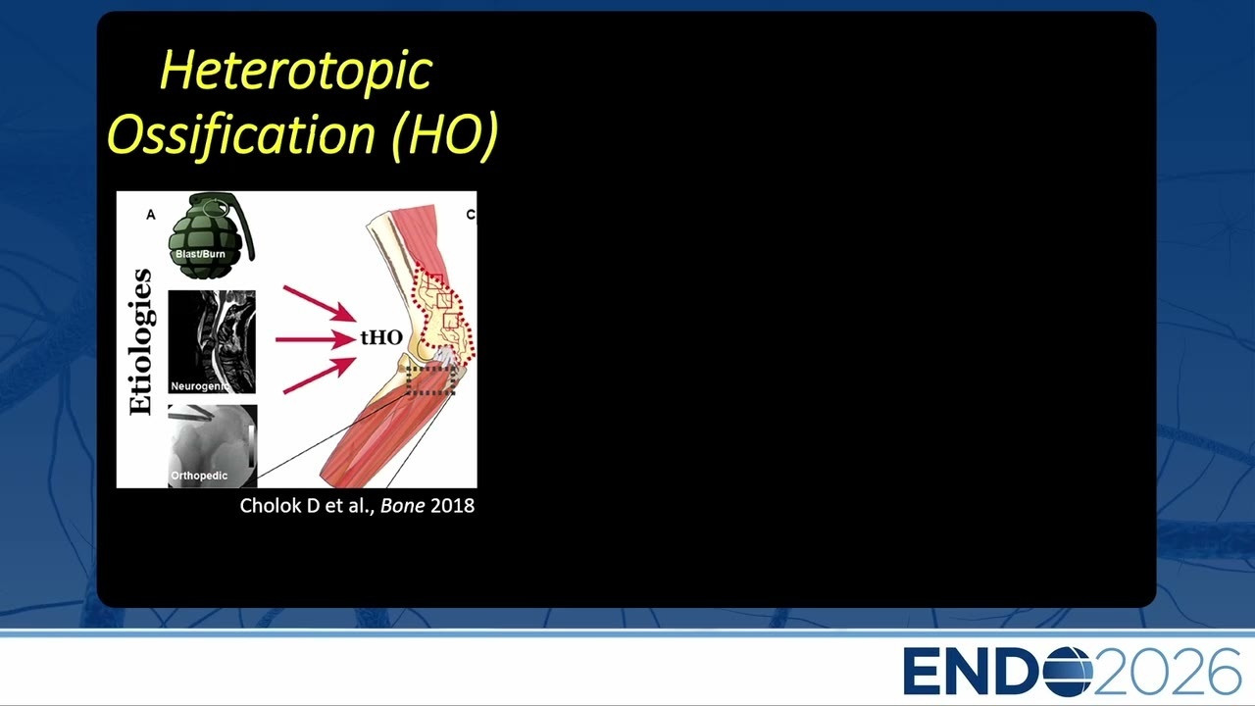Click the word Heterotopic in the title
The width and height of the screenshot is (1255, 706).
click(x=296, y=70)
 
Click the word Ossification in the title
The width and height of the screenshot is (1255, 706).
click(x=241, y=134)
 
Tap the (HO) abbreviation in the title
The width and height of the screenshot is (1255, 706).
click(x=445, y=134)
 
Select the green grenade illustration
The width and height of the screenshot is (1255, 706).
click(x=211, y=235)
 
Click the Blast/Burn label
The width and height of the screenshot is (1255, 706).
click(x=200, y=254)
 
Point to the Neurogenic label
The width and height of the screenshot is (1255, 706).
click(x=200, y=386)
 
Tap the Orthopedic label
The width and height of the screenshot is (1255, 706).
click(x=199, y=476)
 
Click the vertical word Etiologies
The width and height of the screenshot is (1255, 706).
click(x=140, y=342)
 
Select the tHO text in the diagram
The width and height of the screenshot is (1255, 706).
click(x=381, y=337)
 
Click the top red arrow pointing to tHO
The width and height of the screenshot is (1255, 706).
click(x=320, y=304)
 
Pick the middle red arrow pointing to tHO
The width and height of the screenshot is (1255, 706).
click(x=316, y=339)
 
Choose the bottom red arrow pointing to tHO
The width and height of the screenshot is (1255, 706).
click(x=320, y=376)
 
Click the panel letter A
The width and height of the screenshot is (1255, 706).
click(x=151, y=215)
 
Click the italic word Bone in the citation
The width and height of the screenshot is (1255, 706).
click(x=402, y=505)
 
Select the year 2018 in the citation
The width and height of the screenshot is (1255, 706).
click(x=453, y=505)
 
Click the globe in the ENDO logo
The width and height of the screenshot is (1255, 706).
click(x=1068, y=671)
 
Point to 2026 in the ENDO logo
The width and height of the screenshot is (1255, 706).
click(x=1167, y=671)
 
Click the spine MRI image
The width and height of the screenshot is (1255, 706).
click(x=212, y=342)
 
